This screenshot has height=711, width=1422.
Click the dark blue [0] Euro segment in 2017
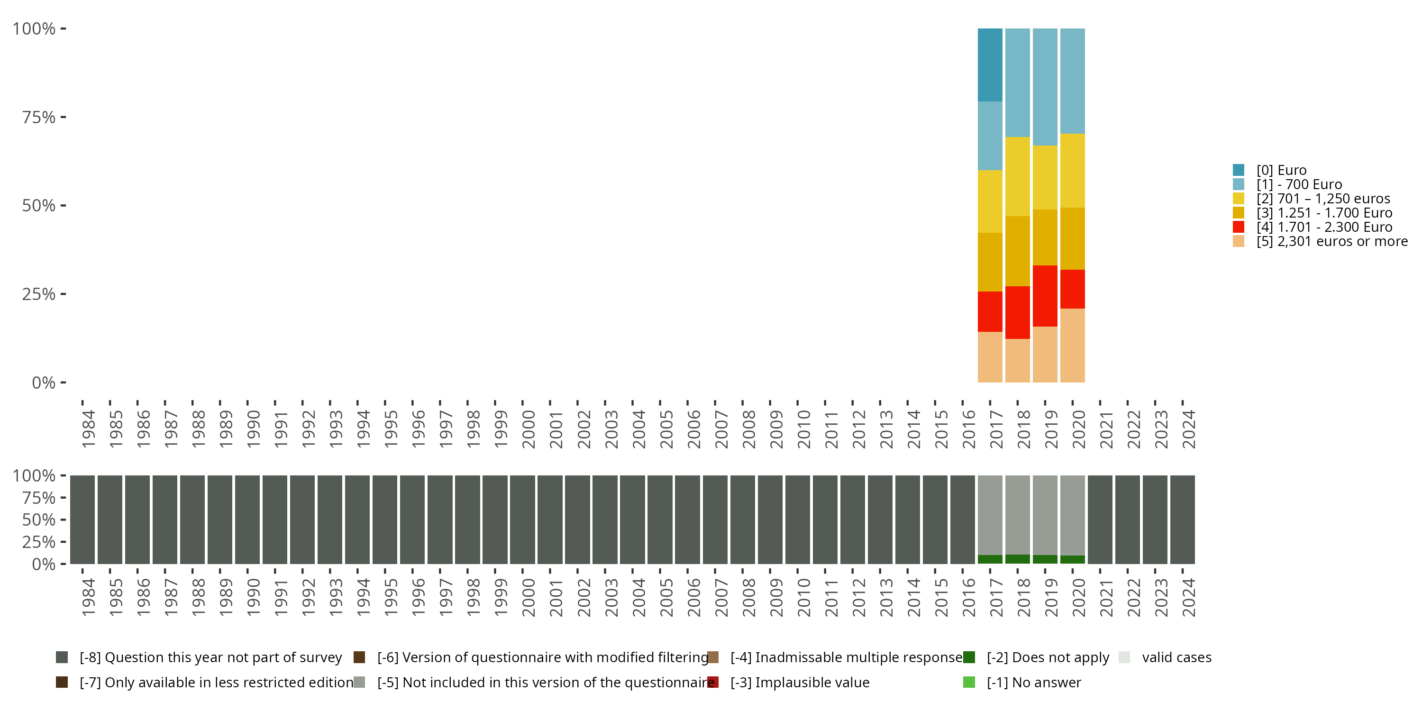(990, 64)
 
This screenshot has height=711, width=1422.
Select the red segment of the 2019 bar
(1045, 296)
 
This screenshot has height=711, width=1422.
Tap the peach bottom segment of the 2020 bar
(1073, 345)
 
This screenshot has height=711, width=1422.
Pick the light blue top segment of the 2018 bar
(1017, 82)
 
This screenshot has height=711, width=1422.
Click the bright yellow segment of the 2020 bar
(1073, 171)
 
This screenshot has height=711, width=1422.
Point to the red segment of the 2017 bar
(990, 311)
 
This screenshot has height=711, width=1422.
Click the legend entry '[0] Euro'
(1281, 170)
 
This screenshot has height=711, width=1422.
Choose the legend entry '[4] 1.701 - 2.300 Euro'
(1324, 227)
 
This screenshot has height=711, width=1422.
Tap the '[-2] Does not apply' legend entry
(1047, 657)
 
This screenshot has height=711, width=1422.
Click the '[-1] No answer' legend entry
(1033, 682)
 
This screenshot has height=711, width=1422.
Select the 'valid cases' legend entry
(1176, 657)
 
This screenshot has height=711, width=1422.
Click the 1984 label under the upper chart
(88, 429)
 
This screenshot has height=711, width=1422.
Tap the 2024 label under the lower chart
(1188, 597)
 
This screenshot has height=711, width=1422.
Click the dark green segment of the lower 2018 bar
(1017, 559)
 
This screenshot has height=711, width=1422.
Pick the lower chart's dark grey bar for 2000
(522, 520)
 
